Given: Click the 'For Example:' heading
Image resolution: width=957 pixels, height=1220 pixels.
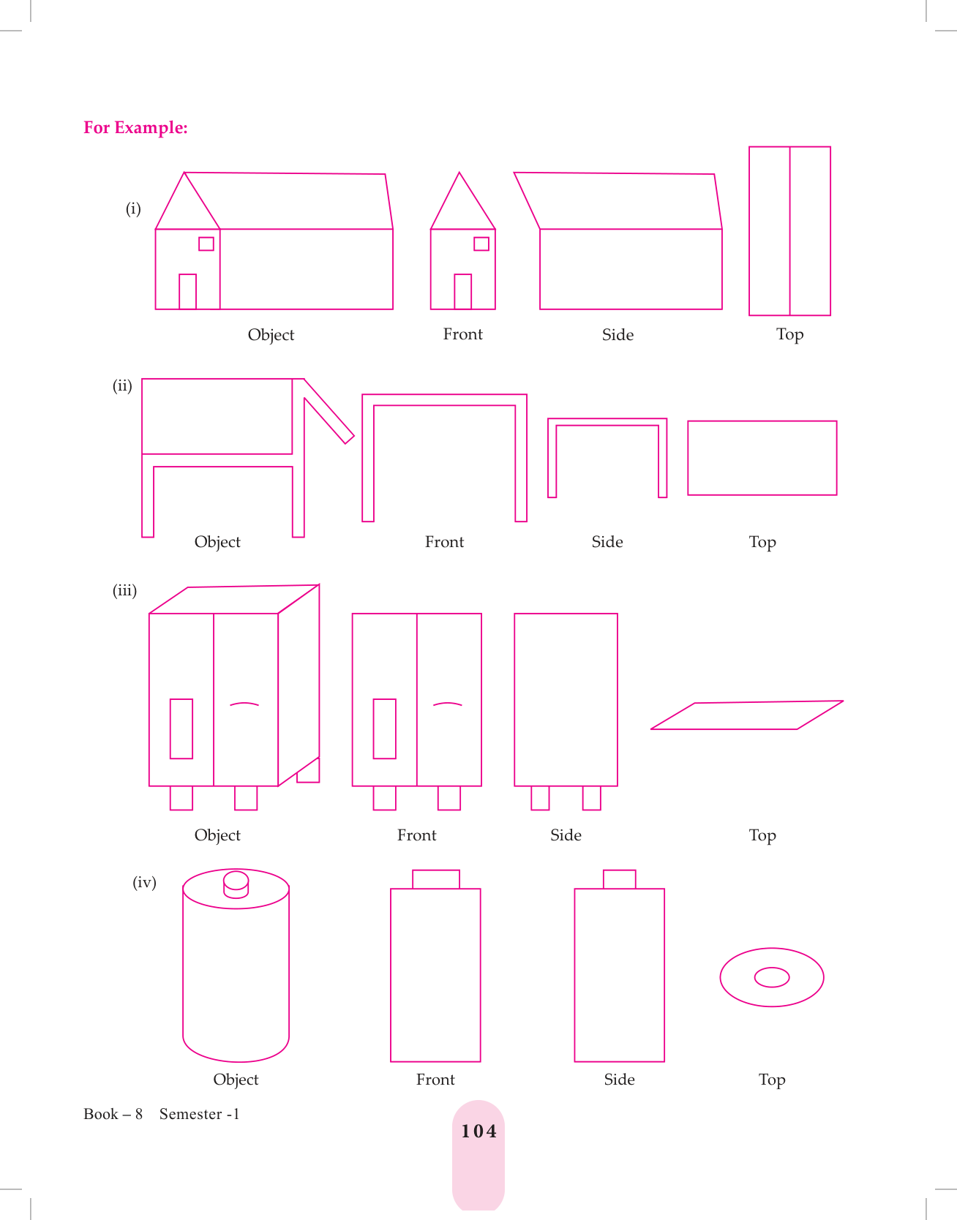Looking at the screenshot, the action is tap(135, 128).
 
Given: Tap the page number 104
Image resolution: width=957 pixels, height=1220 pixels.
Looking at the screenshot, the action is tap(478, 1131).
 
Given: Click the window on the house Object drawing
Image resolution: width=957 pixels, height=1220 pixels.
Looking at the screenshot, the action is tap(206, 244).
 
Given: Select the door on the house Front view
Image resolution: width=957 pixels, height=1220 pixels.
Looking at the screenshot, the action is tap(462, 291).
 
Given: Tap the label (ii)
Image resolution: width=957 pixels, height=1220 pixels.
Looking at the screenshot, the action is tap(122, 385).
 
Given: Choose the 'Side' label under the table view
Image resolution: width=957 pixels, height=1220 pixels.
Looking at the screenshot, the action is tap(607, 542).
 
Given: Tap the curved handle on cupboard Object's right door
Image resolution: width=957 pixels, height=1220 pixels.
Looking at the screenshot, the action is tap(244, 704).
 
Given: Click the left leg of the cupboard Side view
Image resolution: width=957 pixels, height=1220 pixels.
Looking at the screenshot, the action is tap(540, 798).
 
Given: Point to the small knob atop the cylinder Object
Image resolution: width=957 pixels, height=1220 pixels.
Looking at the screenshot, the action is tap(236, 884).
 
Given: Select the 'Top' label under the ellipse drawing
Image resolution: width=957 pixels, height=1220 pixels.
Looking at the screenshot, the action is tap(772, 1080).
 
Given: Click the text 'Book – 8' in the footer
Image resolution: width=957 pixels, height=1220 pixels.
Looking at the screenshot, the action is tap(113, 1114).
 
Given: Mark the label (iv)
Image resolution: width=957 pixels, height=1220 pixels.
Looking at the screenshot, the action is tap(144, 882).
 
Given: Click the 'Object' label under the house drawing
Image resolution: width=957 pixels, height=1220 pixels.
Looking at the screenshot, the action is tap(271, 335).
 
